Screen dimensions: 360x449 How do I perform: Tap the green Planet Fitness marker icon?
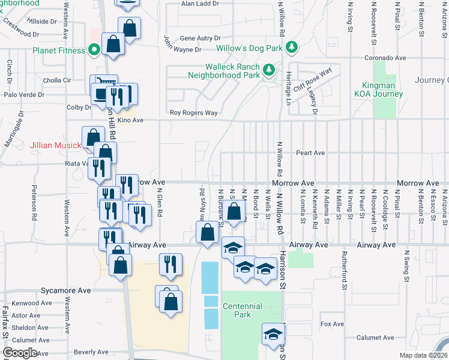pyautogui.click(x=94, y=50)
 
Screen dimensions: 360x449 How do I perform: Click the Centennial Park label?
pyautogui.click(x=242, y=310)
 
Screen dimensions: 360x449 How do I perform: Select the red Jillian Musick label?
pyautogui.click(x=56, y=145)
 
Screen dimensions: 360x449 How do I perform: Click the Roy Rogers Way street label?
pyautogui.click(x=193, y=112)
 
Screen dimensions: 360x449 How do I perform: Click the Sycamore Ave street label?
pyautogui.click(x=65, y=290)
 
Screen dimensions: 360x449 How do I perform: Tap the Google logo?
pyautogui.click(x=19, y=353)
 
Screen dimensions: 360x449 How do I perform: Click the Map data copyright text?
pyautogui.click(x=424, y=355)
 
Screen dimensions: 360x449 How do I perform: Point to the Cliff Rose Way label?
pyautogui.click(x=312, y=80)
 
